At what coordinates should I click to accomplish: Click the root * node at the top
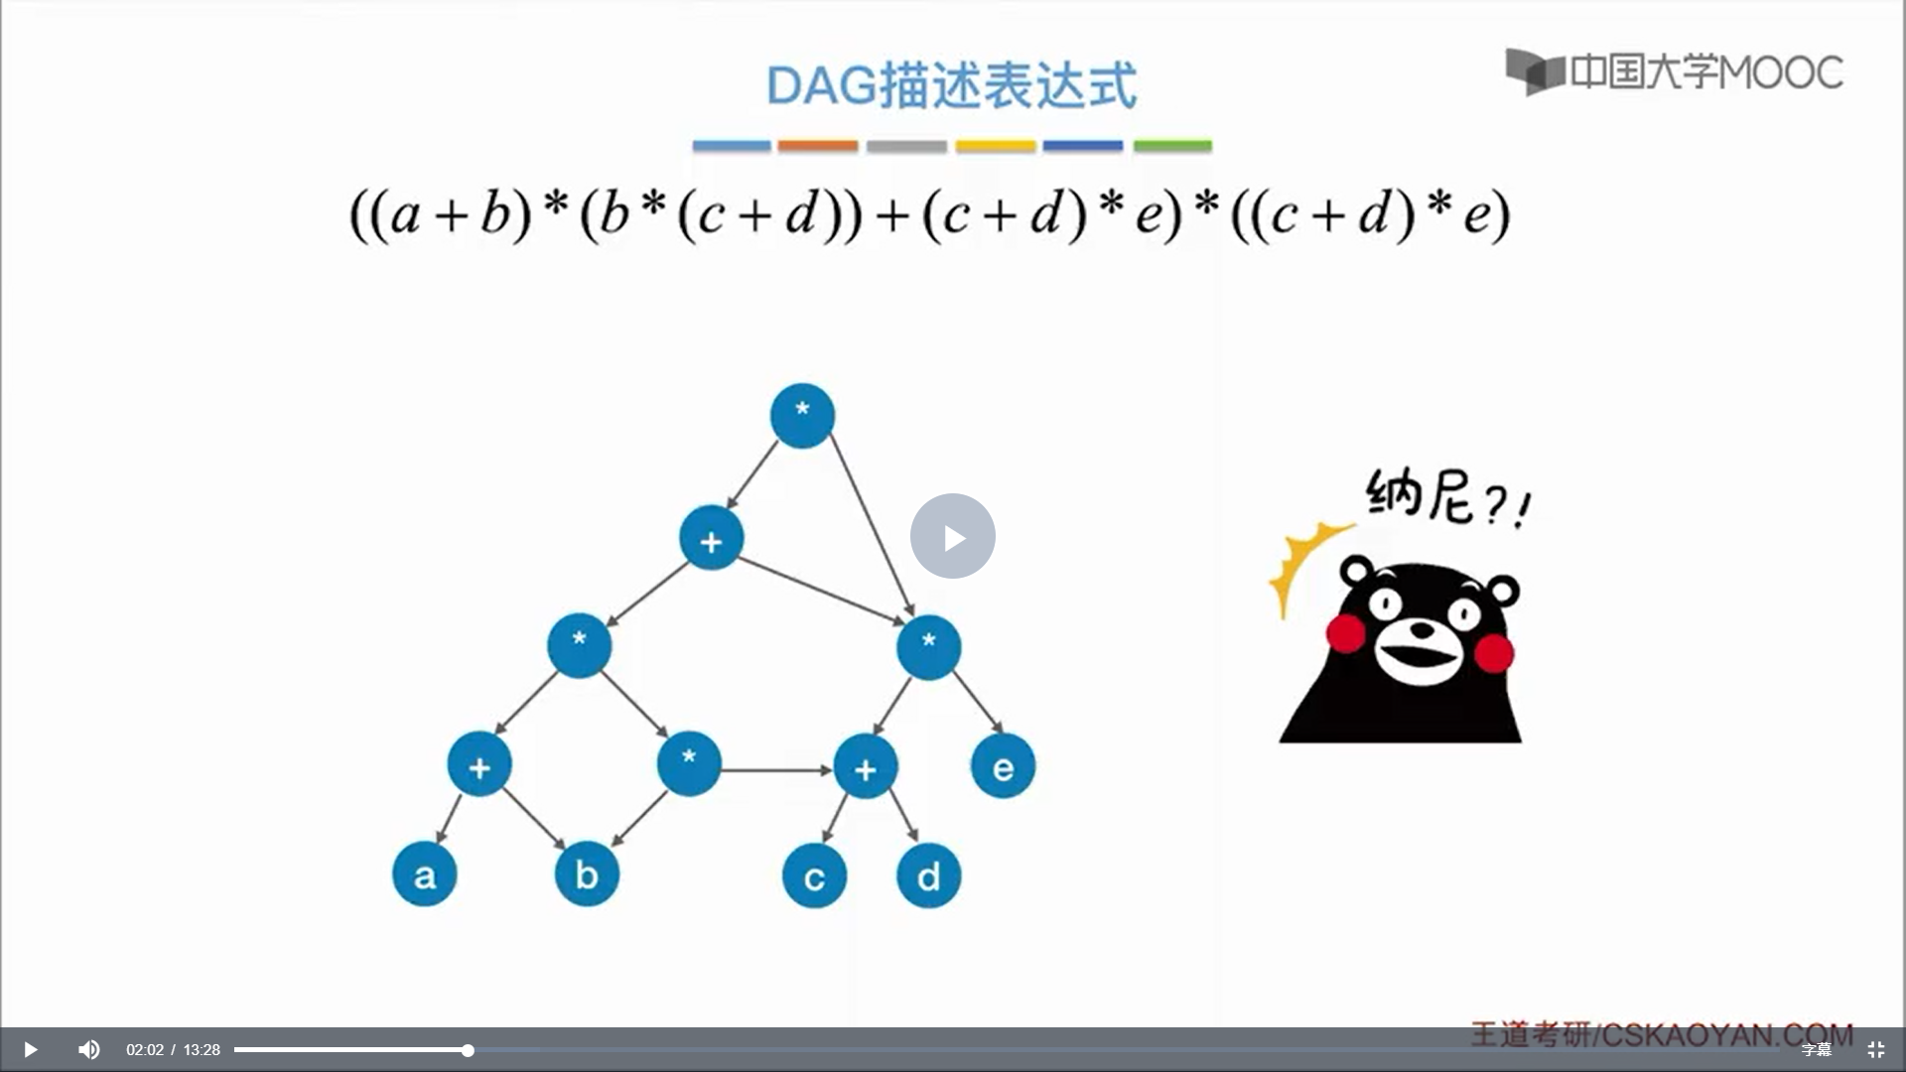pos(802,415)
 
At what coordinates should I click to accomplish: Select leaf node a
pos(425,874)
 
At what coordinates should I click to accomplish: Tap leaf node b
pos(587,874)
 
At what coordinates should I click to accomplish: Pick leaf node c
pos(814,876)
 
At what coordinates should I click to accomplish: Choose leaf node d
pos(928,876)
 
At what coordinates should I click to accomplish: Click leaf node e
pos(1003,766)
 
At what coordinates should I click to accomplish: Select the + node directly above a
pos(479,765)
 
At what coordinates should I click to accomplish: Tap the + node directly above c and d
pos(866,767)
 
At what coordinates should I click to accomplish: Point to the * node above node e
pos(928,647)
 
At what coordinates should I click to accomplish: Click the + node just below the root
pos(711,539)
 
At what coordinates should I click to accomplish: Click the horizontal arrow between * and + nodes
pos(777,769)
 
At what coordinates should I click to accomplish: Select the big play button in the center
pos(953,536)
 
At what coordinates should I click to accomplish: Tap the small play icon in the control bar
pos(30,1049)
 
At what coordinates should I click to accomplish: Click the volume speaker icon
pos(89,1049)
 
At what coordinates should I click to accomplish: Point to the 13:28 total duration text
pos(202,1049)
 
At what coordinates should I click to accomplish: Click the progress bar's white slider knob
pos(468,1050)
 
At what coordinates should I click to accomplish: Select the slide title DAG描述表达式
pos(952,85)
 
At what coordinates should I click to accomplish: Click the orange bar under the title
pos(818,146)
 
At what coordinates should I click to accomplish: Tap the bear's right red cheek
pos(1494,653)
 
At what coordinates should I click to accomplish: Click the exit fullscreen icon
pos(1875,1049)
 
